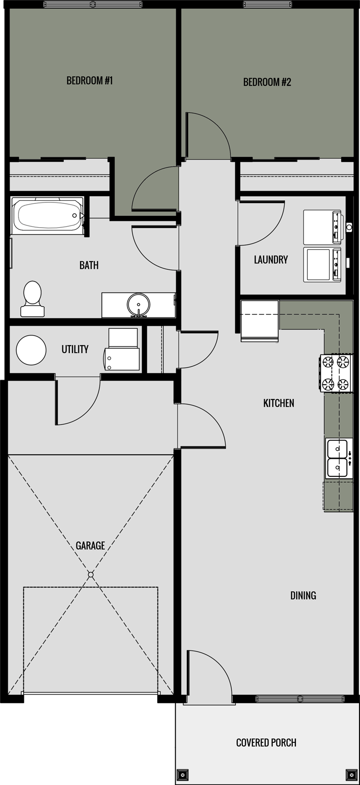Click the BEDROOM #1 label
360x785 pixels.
point(90,81)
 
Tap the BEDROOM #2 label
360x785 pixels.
point(267,82)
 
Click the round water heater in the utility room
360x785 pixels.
point(31,350)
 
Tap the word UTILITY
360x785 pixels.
point(75,349)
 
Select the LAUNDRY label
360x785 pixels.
point(270,260)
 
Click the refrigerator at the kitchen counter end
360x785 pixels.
point(260,320)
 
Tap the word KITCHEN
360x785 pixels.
point(279,403)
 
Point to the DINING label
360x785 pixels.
point(303,596)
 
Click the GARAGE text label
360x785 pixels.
point(90,546)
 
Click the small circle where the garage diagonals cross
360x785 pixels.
point(90,575)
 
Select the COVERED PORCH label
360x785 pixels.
point(266,743)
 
